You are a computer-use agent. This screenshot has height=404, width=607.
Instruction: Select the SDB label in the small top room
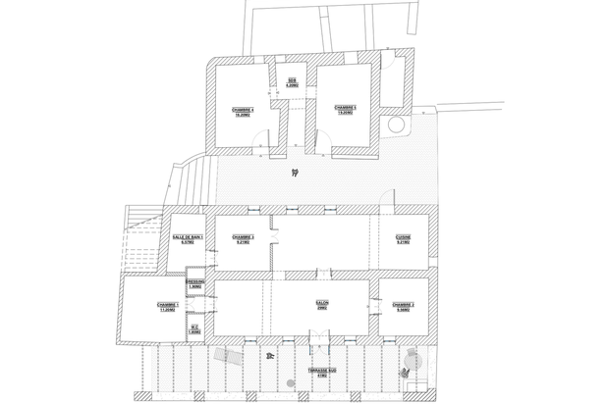click(x=292, y=81)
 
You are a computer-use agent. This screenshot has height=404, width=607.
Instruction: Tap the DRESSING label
click(x=194, y=283)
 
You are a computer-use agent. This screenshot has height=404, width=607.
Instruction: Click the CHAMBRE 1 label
click(x=166, y=306)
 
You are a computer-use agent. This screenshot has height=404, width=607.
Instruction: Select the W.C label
click(x=194, y=328)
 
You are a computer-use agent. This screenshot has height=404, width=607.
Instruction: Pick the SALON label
click(x=322, y=304)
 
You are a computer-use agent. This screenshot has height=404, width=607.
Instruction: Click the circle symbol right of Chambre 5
click(x=396, y=126)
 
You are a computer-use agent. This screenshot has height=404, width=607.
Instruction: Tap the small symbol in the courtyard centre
click(x=294, y=174)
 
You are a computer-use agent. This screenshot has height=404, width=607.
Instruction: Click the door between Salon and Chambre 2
click(x=375, y=304)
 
